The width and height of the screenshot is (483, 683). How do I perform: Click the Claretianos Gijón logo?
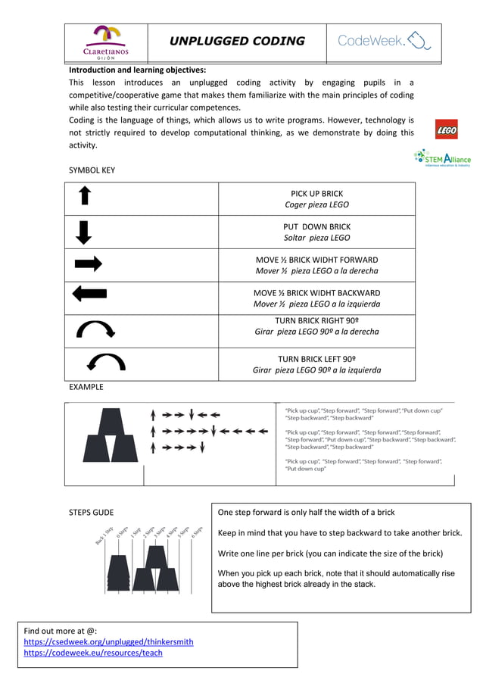(105, 42)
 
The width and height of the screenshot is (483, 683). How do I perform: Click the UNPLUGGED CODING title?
(236, 41)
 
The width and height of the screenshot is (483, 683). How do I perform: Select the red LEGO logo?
(447, 131)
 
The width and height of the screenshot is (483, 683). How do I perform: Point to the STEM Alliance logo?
(442, 158)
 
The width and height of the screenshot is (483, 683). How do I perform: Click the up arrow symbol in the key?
(85, 197)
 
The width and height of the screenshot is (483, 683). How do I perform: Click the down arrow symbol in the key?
(85, 231)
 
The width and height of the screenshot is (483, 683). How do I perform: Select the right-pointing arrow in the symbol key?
(88, 264)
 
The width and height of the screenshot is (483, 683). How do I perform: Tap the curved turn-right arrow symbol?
(95, 329)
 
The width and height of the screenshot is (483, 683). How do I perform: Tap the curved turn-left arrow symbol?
(106, 362)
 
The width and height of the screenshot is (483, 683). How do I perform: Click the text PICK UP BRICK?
(316, 194)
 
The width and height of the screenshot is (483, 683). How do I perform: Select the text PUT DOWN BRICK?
(316, 226)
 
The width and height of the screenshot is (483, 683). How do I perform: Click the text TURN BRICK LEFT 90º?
(316, 359)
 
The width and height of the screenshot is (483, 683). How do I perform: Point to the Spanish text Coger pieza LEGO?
(316, 205)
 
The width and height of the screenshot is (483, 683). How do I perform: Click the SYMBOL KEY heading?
(92, 170)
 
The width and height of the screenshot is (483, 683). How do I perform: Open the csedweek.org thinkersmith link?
(108, 641)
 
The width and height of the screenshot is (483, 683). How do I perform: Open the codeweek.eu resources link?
(93, 653)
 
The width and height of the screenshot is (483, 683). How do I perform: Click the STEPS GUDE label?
(91, 513)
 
